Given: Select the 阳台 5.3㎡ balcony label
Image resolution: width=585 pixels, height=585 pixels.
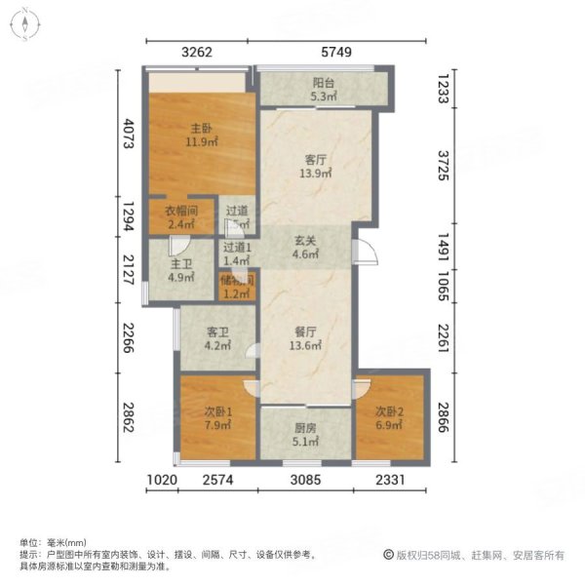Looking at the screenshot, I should pos(323,91).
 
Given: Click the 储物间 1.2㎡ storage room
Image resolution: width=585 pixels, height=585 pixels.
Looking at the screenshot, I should pos(237,288).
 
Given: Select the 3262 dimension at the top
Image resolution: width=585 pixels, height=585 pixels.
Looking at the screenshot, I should pos(198,55).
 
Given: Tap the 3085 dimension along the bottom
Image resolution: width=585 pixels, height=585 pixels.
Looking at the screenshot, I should pos(304,480).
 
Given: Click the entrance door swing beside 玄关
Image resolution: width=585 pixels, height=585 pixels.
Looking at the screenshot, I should pos(363,251).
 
